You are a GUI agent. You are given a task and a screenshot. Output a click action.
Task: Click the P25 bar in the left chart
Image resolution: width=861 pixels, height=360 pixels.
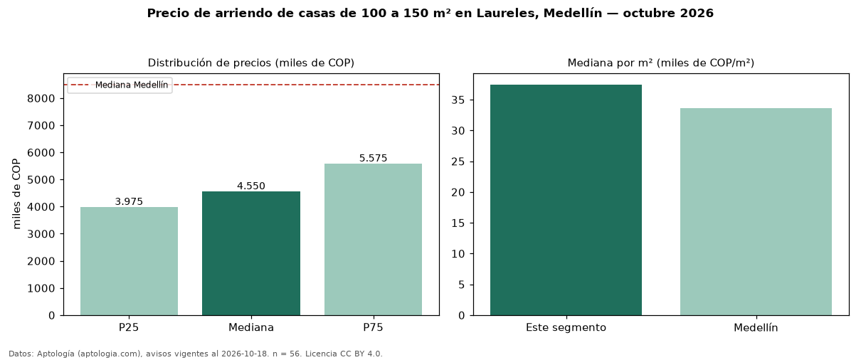click(130, 261)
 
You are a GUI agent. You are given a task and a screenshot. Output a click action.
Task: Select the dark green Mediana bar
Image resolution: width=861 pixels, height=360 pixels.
click(251, 253)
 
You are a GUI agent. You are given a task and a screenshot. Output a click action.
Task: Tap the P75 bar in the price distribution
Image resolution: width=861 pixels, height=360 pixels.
click(374, 240)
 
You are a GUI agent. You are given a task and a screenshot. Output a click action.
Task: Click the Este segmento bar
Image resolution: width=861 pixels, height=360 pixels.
click(566, 200)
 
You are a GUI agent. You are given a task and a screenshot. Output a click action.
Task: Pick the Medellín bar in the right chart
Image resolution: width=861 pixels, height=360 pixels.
click(756, 212)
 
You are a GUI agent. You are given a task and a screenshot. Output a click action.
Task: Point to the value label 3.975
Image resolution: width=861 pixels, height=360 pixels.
click(129, 202)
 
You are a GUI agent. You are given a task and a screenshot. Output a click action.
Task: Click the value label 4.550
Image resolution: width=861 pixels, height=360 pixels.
click(251, 186)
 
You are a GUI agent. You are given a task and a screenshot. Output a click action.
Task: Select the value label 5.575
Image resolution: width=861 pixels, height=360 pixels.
click(374, 158)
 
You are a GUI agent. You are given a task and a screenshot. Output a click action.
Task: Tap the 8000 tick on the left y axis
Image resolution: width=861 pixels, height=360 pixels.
click(41, 99)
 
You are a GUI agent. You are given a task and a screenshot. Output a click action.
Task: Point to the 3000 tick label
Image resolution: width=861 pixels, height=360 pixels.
click(41, 234)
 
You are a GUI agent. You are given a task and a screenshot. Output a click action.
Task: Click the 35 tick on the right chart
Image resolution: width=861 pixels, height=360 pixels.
click(458, 100)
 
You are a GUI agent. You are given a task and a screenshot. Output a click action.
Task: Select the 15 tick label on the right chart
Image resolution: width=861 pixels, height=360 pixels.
click(458, 223)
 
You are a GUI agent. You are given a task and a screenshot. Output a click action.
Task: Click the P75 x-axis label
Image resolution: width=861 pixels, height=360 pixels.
click(374, 327)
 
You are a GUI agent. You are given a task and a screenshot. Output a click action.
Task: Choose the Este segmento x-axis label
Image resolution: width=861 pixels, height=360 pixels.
click(566, 328)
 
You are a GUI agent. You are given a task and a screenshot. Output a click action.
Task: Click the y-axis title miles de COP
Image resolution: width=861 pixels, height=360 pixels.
click(16, 194)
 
